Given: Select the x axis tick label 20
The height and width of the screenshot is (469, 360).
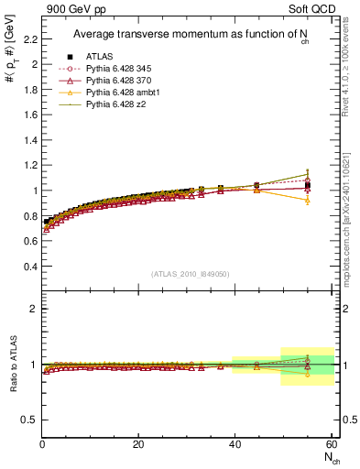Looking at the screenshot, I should pyautogui.click(x=139, y=444).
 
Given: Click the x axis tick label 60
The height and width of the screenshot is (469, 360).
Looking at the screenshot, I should pyautogui.click(x=331, y=444).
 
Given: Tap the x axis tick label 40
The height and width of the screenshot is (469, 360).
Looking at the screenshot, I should pyautogui.click(x=235, y=444).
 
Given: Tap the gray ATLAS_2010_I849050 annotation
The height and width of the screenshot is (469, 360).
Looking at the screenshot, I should pyautogui.click(x=191, y=273).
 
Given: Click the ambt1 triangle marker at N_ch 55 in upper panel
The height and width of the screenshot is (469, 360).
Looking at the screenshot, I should pyautogui.click(x=308, y=200).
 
